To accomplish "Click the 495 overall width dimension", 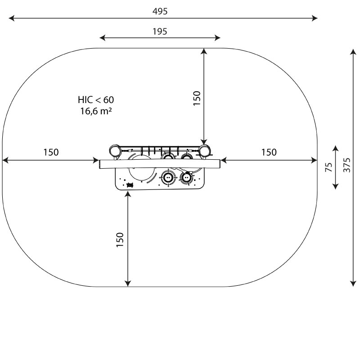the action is pyautogui.click(x=160, y=11).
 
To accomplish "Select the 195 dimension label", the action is pyautogui.click(x=160, y=31).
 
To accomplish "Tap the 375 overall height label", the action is pyautogui.click(x=347, y=165).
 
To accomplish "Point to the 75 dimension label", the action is pyautogui.click(x=329, y=167).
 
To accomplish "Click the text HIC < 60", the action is pyautogui.click(x=96, y=100).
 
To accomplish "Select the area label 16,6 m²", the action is pyautogui.click(x=96, y=111).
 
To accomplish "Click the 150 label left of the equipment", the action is pyautogui.click(x=51, y=152).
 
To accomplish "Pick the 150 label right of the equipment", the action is pyautogui.click(x=269, y=152).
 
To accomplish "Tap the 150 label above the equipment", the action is pyautogui.click(x=197, y=98).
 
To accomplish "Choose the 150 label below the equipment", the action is pyautogui.click(x=120, y=240).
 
